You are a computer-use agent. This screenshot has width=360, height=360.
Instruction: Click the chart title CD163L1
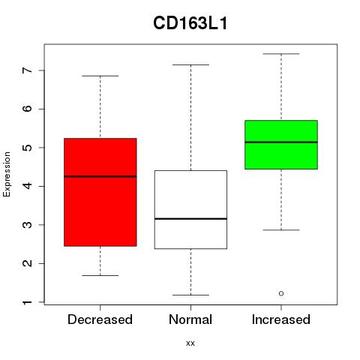coord(190,23)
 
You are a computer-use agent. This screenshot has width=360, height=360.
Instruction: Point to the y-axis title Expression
coord(7,174)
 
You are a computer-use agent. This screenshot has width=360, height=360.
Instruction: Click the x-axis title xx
coord(190,343)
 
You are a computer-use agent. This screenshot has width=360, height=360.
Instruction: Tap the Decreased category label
coord(100,319)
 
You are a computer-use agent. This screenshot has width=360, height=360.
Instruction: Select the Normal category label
coord(190,319)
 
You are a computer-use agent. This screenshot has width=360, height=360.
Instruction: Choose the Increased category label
coord(281,319)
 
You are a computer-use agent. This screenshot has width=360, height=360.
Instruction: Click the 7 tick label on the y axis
coord(28,70)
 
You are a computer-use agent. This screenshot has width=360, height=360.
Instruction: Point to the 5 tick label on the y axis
coord(28,148)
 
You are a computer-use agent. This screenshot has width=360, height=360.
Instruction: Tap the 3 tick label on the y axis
coord(28,225)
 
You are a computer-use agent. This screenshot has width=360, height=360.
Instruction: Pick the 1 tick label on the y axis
coord(28,302)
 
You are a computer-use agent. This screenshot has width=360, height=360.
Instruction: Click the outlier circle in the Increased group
coord(281,293)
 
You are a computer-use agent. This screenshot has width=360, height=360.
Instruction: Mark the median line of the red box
coord(100,176)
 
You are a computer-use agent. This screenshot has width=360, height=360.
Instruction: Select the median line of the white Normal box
coord(190,219)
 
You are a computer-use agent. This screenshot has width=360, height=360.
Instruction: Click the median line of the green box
coord(281,142)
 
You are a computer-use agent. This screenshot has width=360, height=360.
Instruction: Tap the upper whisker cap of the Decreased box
coord(100,76)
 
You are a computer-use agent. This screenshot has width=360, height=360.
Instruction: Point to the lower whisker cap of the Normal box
coord(190,295)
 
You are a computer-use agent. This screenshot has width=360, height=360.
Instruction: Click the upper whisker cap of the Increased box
coord(281,54)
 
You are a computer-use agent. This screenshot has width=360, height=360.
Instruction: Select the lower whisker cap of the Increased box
coord(281,229)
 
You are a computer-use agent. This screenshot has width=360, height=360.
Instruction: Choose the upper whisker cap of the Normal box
coord(190,64)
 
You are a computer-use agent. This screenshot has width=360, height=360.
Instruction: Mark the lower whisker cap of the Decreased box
coord(100,275)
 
